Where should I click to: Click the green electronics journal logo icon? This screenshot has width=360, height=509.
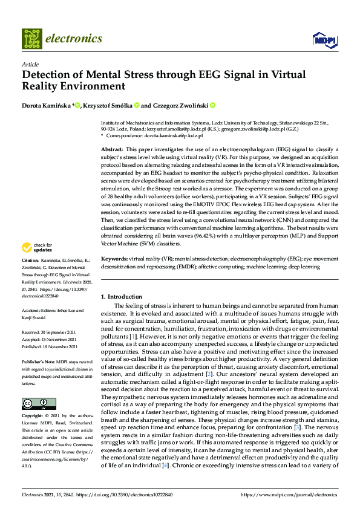(x=32, y=38)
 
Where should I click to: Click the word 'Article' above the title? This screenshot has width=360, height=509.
(x=30, y=64)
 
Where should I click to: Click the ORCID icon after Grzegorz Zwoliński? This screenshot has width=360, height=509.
(x=212, y=105)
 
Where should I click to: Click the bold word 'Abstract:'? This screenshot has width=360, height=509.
(x=112, y=149)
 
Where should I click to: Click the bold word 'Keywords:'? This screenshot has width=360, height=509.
(x=114, y=258)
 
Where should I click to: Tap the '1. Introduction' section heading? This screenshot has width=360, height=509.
(x=121, y=297)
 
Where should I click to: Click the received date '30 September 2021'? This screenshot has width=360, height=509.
(x=59, y=332)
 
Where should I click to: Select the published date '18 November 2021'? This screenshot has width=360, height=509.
(x=61, y=347)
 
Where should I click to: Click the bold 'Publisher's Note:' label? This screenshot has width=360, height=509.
(x=40, y=360)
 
